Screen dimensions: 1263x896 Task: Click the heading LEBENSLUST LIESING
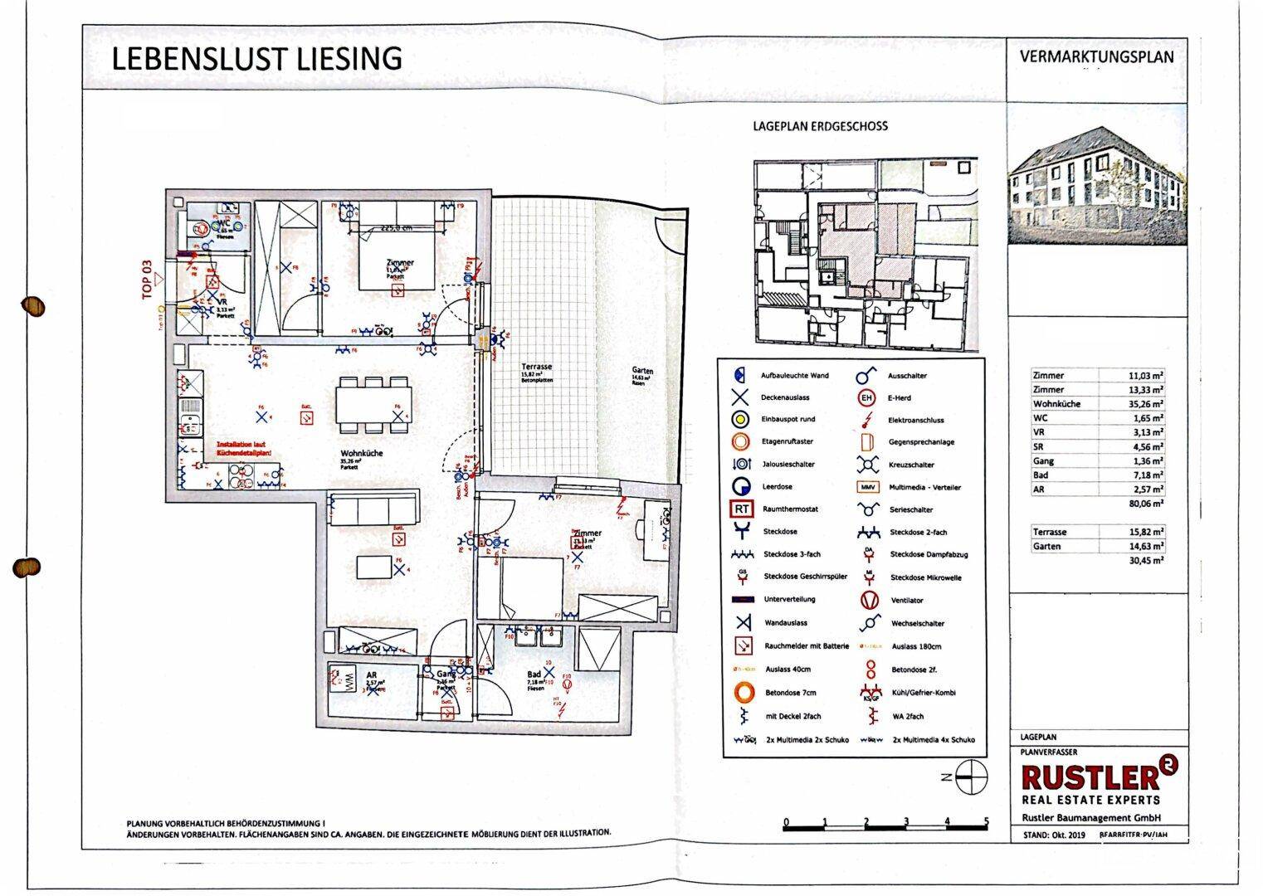pyautogui.click(x=256, y=59)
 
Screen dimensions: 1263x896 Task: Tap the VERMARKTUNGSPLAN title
pyautogui.click(x=1096, y=57)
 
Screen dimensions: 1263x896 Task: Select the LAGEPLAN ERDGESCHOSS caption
pyautogui.click(x=819, y=126)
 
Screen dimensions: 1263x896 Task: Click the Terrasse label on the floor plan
pyautogui.click(x=536, y=367)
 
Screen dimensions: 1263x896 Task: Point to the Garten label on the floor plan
pyautogui.click(x=642, y=371)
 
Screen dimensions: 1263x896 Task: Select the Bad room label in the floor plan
pyautogui.click(x=534, y=675)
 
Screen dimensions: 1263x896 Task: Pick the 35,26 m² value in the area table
pyautogui.click(x=1145, y=404)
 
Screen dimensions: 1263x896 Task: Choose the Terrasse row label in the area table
pyautogui.click(x=1050, y=532)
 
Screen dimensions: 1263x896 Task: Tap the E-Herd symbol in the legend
pyautogui.click(x=867, y=398)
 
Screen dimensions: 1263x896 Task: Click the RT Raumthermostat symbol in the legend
pyautogui.click(x=741, y=509)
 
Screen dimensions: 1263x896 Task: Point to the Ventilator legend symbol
pyautogui.click(x=868, y=600)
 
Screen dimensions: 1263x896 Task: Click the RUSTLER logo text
pyautogui.click(x=1089, y=777)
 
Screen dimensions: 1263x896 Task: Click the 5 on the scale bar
pyautogui.click(x=986, y=821)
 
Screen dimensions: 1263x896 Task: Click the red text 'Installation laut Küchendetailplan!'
pyautogui.click(x=244, y=449)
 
